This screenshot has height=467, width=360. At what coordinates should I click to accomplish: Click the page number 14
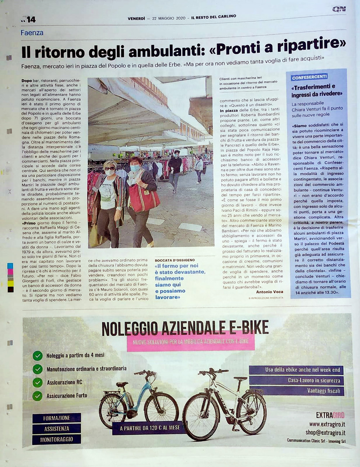pyautogui.click(x=31, y=19)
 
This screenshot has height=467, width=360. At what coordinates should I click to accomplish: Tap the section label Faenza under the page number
pyautogui.click(x=32, y=33)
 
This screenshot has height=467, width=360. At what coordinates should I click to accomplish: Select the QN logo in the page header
pyautogui.click(x=339, y=9)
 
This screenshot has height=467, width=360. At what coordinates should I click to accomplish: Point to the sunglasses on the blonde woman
pyautogui.click(x=109, y=168)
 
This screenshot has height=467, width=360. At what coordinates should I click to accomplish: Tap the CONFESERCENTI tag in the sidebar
pyautogui.click(x=309, y=77)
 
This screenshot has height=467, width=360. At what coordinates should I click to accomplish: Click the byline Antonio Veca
pyautogui.click(x=270, y=292)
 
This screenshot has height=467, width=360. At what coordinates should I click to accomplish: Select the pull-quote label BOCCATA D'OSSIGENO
pyautogui.click(x=175, y=260)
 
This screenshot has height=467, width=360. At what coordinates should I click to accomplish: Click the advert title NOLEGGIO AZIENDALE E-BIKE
pyautogui.click(x=185, y=328)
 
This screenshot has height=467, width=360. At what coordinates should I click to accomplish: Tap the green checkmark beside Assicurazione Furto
pyautogui.click(x=37, y=396)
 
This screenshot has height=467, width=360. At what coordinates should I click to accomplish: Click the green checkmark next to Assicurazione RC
pyautogui.click(x=37, y=382)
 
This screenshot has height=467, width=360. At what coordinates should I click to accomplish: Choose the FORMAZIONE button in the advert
pyautogui.click(x=57, y=418)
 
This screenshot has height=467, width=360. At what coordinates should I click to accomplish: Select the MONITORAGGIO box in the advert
pyautogui.click(x=57, y=439)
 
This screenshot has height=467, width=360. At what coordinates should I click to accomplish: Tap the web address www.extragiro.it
pyautogui.click(x=327, y=424)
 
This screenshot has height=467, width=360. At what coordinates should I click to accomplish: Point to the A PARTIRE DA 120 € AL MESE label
pyautogui.click(x=150, y=428)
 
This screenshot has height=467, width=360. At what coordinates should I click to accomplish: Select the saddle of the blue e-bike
pyautogui.click(x=122, y=384)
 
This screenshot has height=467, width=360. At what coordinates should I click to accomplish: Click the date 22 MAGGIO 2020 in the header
pyautogui.click(x=168, y=18)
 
